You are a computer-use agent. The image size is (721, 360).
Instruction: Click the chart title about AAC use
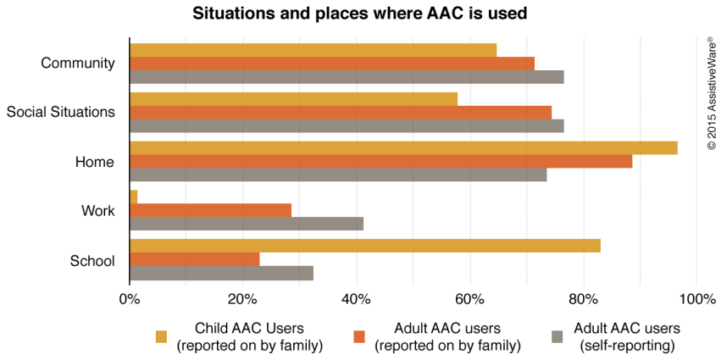[360, 14]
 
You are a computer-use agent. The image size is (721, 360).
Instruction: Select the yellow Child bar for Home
[403, 147]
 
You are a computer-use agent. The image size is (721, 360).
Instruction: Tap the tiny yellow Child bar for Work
[133, 197]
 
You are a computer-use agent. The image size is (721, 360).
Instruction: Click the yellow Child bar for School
[364, 246]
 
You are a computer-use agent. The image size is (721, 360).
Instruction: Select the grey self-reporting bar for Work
[247, 224]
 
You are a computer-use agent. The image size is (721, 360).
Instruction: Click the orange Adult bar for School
[194, 259]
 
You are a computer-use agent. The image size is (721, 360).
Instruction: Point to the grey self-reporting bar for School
[221, 273]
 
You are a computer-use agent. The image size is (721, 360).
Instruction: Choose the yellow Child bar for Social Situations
[293, 99]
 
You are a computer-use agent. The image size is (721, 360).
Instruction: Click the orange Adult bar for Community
[332, 64]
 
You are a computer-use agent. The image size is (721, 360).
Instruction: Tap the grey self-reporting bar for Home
[338, 175]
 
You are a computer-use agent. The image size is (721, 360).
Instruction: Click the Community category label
[77, 64]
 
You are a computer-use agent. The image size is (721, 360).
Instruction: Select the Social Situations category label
[60, 113]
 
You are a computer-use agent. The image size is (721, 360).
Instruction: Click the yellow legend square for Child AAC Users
[161, 337]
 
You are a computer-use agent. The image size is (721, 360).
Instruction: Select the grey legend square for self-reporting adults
[558, 337]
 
